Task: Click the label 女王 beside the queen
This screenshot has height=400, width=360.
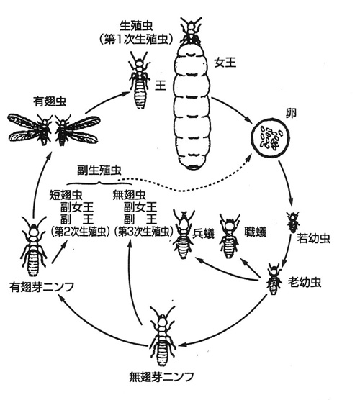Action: click(225, 63)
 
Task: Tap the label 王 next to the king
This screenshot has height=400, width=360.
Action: click(161, 85)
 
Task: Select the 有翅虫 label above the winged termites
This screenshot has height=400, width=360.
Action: click(50, 101)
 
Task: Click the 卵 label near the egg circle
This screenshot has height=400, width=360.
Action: click(291, 113)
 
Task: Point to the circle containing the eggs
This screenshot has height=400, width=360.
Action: click(270, 138)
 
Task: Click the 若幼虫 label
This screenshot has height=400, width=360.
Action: click(313, 238)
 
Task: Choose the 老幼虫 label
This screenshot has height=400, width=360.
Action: click(305, 282)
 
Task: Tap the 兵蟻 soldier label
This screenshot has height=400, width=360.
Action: click(203, 234)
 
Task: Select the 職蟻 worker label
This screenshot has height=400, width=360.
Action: click(255, 232)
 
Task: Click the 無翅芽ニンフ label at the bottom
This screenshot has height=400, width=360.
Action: click(161, 376)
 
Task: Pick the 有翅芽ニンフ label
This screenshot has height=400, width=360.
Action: click(42, 287)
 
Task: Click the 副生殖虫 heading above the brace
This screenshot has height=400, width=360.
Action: click(99, 171)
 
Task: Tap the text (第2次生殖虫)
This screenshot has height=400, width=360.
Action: click(80, 232)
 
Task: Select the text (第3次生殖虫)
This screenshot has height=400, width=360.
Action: click(144, 232)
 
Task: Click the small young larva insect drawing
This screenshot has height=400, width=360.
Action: click(293, 222)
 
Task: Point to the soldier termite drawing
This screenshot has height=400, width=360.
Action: click(183, 234)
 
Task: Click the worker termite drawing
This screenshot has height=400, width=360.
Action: click(229, 235)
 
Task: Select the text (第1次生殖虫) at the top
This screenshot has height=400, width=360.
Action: click(136, 40)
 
